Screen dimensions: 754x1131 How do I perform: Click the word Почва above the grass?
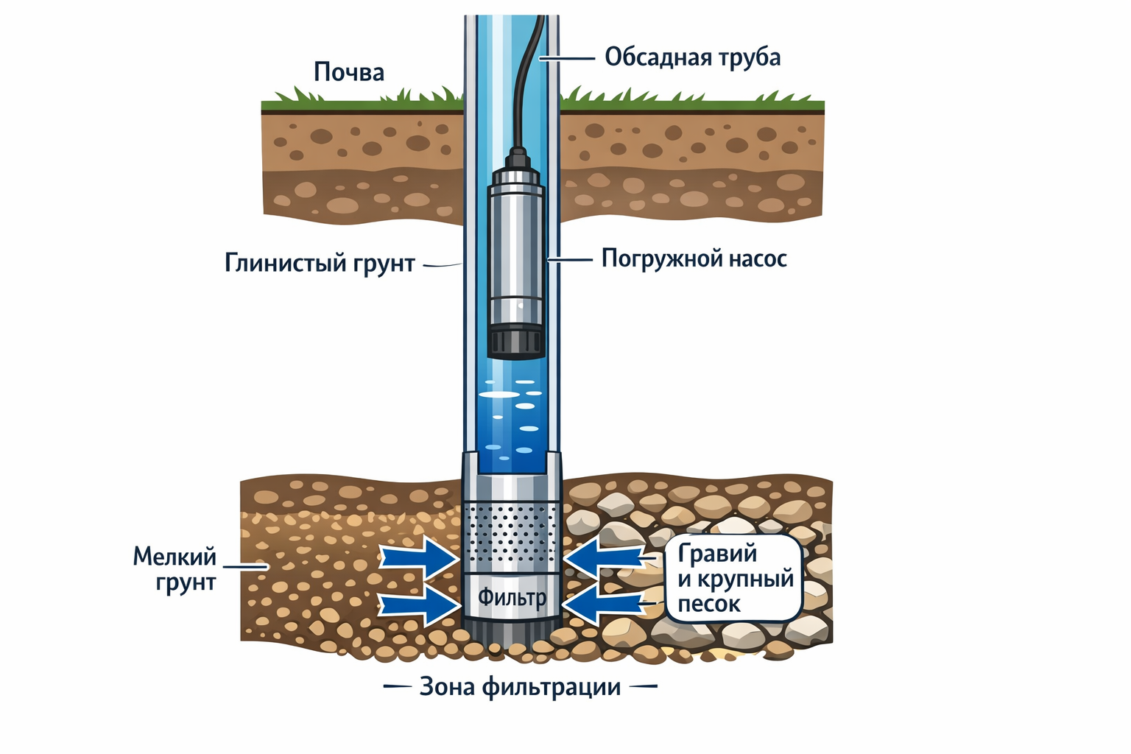[349, 72]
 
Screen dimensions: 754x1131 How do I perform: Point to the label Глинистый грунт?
[320, 264]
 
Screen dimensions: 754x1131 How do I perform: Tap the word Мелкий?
[175, 556]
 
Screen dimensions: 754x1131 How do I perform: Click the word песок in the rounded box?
[708, 605]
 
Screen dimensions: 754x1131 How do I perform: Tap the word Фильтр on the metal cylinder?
[512, 596]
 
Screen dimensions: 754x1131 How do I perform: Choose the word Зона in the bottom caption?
[446, 687]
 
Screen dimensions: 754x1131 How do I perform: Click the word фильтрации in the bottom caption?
[552, 687]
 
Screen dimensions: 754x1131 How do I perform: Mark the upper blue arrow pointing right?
[417, 557]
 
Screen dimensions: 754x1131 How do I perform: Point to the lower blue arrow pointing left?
[607, 606]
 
